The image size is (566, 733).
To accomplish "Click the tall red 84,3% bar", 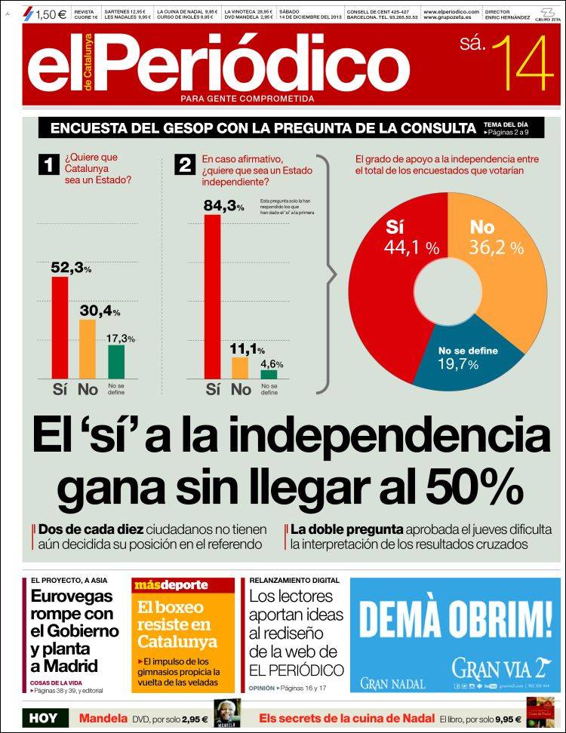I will coord(213,296).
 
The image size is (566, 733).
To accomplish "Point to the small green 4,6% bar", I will coord(269,373).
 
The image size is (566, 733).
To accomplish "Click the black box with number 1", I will coord(49,165).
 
